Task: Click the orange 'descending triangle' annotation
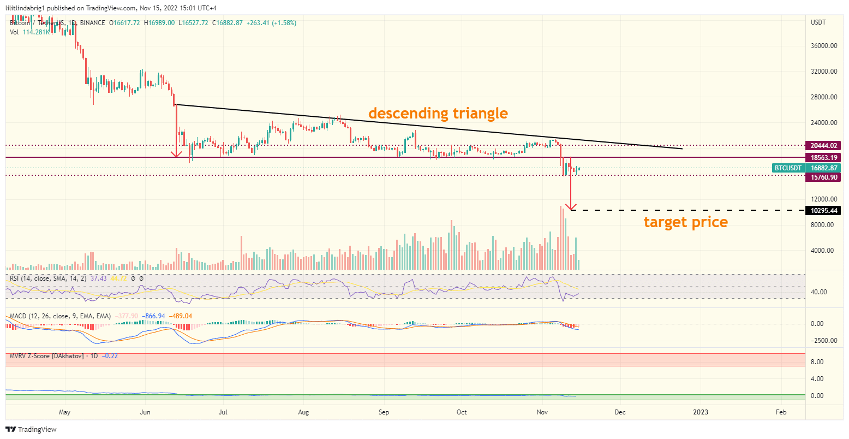click(438, 114)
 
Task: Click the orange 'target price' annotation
click(685, 222)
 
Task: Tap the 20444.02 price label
click(823, 146)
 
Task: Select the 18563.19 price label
click(823, 157)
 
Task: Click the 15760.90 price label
click(823, 177)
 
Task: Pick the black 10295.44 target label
click(823, 210)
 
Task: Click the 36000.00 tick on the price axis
click(823, 46)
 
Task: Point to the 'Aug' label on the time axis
click(303, 412)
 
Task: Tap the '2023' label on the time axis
click(701, 412)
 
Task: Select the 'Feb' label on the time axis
click(781, 412)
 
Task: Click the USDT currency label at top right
click(818, 22)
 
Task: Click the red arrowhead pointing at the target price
click(571, 207)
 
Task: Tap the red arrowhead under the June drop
click(176, 153)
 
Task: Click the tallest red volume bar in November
click(560, 238)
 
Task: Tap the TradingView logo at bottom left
click(32, 430)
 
